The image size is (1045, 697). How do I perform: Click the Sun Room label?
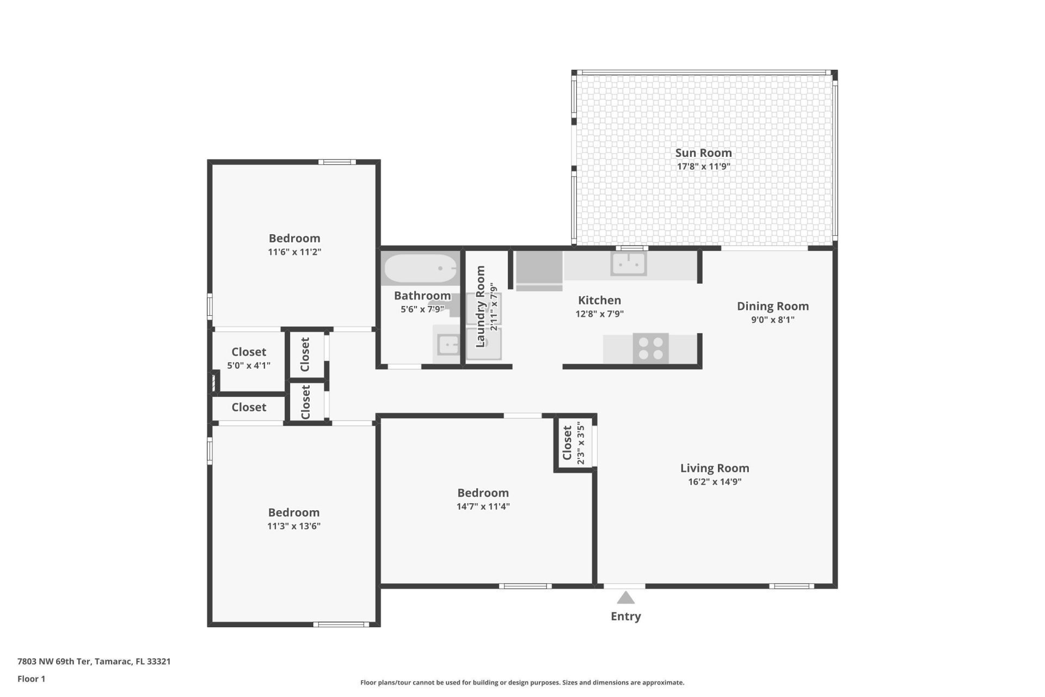(x=703, y=153)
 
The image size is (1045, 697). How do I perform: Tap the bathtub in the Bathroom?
(x=420, y=268)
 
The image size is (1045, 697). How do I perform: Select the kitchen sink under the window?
(x=629, y=265)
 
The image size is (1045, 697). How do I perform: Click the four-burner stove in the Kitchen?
(x=651, y=348)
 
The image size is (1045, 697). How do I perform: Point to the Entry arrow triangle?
(x=625, y=598)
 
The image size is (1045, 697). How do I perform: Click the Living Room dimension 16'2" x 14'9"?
(x=714, y=481)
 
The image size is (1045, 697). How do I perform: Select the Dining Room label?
(x=772, y=306)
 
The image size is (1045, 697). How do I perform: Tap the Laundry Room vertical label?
(x=480, y=307)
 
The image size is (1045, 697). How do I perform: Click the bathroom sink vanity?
(x=447, y=345)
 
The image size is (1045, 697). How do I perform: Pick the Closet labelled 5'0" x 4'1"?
(x=249, y=358)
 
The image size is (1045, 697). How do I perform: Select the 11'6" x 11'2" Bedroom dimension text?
(x=294, y=252)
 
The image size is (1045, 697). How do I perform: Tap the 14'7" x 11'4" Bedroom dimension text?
(x=483, y=506)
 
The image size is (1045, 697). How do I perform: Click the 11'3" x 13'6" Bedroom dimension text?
(x=293, y=526)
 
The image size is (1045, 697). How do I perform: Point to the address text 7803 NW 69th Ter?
(x=94, y=662)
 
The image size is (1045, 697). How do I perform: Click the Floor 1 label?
(x=31, y=678)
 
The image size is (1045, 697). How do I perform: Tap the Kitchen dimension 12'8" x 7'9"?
(x=599, y=314)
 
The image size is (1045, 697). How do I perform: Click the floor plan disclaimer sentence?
(x=522, y=682)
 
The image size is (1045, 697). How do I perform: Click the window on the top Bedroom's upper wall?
(x=337, y=162)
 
